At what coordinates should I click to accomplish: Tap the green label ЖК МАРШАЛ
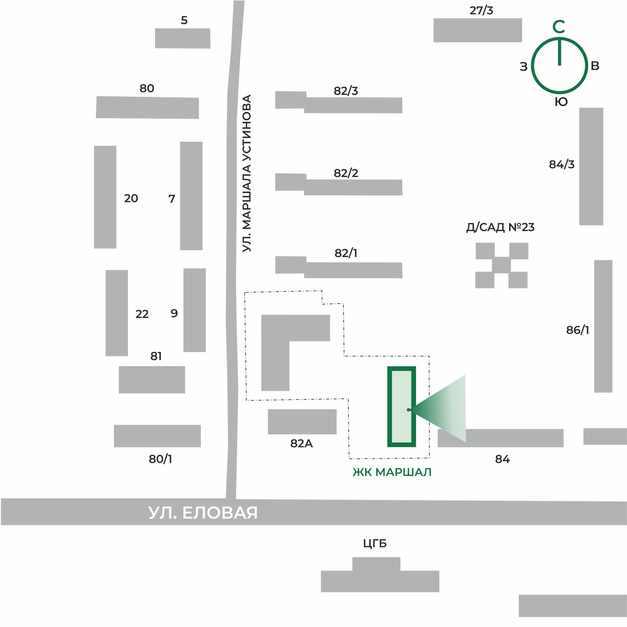392,472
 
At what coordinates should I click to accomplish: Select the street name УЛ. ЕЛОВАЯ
203,513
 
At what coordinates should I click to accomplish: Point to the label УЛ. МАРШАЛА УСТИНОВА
247,173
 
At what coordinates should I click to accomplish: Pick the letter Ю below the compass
561,102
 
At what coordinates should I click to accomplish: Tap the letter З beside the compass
523,67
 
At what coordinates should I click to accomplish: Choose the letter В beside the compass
595,66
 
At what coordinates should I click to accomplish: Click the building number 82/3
346,91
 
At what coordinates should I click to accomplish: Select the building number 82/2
346,173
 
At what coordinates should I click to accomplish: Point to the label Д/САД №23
500,227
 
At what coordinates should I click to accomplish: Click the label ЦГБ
375,543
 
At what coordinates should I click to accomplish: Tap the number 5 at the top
184,20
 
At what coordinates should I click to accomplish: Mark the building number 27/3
481,10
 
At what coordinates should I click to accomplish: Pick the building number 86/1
577,330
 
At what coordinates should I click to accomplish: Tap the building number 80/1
160,459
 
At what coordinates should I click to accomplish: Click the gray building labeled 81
152,380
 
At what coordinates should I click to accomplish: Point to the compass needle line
559,52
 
